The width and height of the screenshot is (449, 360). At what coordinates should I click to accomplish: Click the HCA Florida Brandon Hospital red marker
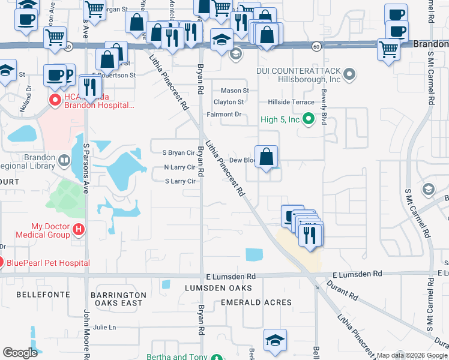pos(55,100)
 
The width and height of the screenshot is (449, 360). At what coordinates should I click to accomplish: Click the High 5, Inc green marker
pos(309,119)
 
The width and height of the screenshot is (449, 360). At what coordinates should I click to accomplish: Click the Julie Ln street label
pos(104,327)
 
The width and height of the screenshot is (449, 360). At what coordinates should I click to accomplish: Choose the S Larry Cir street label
pos(180,181)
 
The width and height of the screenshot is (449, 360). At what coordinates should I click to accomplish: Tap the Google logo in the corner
pos(20,353)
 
